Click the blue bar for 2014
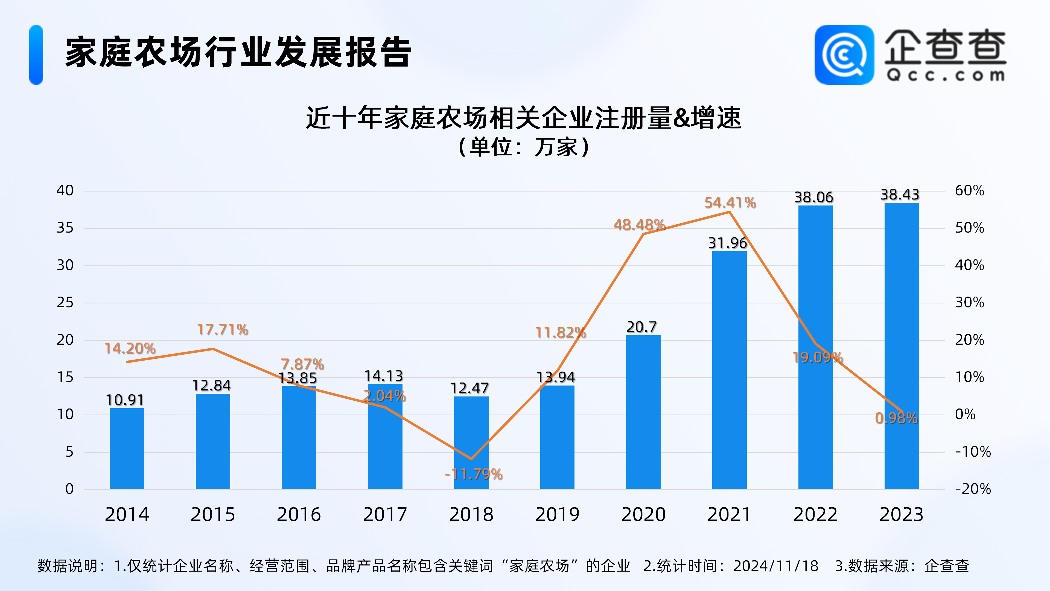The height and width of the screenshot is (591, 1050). pyautogui.click(x=127, y=449)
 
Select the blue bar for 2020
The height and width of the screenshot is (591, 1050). pyautogui.click(x=643, y=412)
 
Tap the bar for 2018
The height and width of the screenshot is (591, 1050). pyautogui.click(x=471, y=442)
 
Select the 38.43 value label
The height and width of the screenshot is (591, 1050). pyautogui.click(x=900, y=195)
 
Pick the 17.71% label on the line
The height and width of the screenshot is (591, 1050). pyautogui.click(x=223, y=329)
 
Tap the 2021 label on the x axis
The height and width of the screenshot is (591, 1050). pyautogui.click(x=729, y=514)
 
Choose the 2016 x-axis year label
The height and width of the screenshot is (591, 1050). pyautogui.click(x=299, y=514)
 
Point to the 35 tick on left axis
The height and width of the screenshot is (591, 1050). pyautogui.click(x=65, y=228)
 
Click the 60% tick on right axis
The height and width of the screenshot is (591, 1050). pyautogui.click(x=969, y=190)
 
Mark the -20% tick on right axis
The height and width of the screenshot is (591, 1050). pyautogui.click(x=973, y=489)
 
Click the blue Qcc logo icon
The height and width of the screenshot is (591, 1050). pyautogui.click(x=844, y=55)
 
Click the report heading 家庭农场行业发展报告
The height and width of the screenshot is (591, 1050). pyautogui.click(x=238, y=52)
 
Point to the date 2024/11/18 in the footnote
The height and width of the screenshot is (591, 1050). pyautogui.click(x=776, y=566)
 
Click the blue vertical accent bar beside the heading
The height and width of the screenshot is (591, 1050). pyautogui.click(x=36, y=55)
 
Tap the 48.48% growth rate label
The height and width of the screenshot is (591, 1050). pyautogui.click(x=639, y=225)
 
